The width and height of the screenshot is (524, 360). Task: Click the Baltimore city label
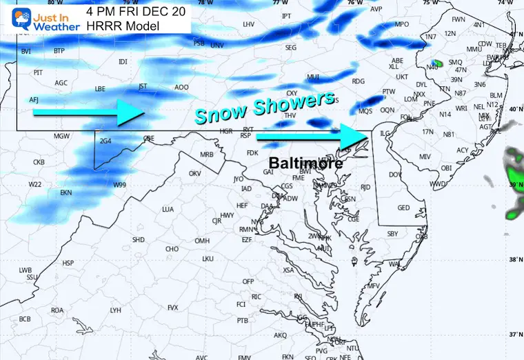[304, 163]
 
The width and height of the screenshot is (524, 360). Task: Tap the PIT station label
[38, 72]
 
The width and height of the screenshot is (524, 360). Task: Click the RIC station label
[256, 297]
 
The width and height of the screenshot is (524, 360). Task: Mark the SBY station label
[392, 234]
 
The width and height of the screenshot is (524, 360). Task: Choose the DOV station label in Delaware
[395, 175]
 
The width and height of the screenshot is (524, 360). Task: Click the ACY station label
[462, 150]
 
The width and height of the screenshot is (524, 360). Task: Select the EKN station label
[66, 192]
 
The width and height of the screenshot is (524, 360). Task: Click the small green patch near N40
[436, 63]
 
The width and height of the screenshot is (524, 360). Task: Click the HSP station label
[68, 263]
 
